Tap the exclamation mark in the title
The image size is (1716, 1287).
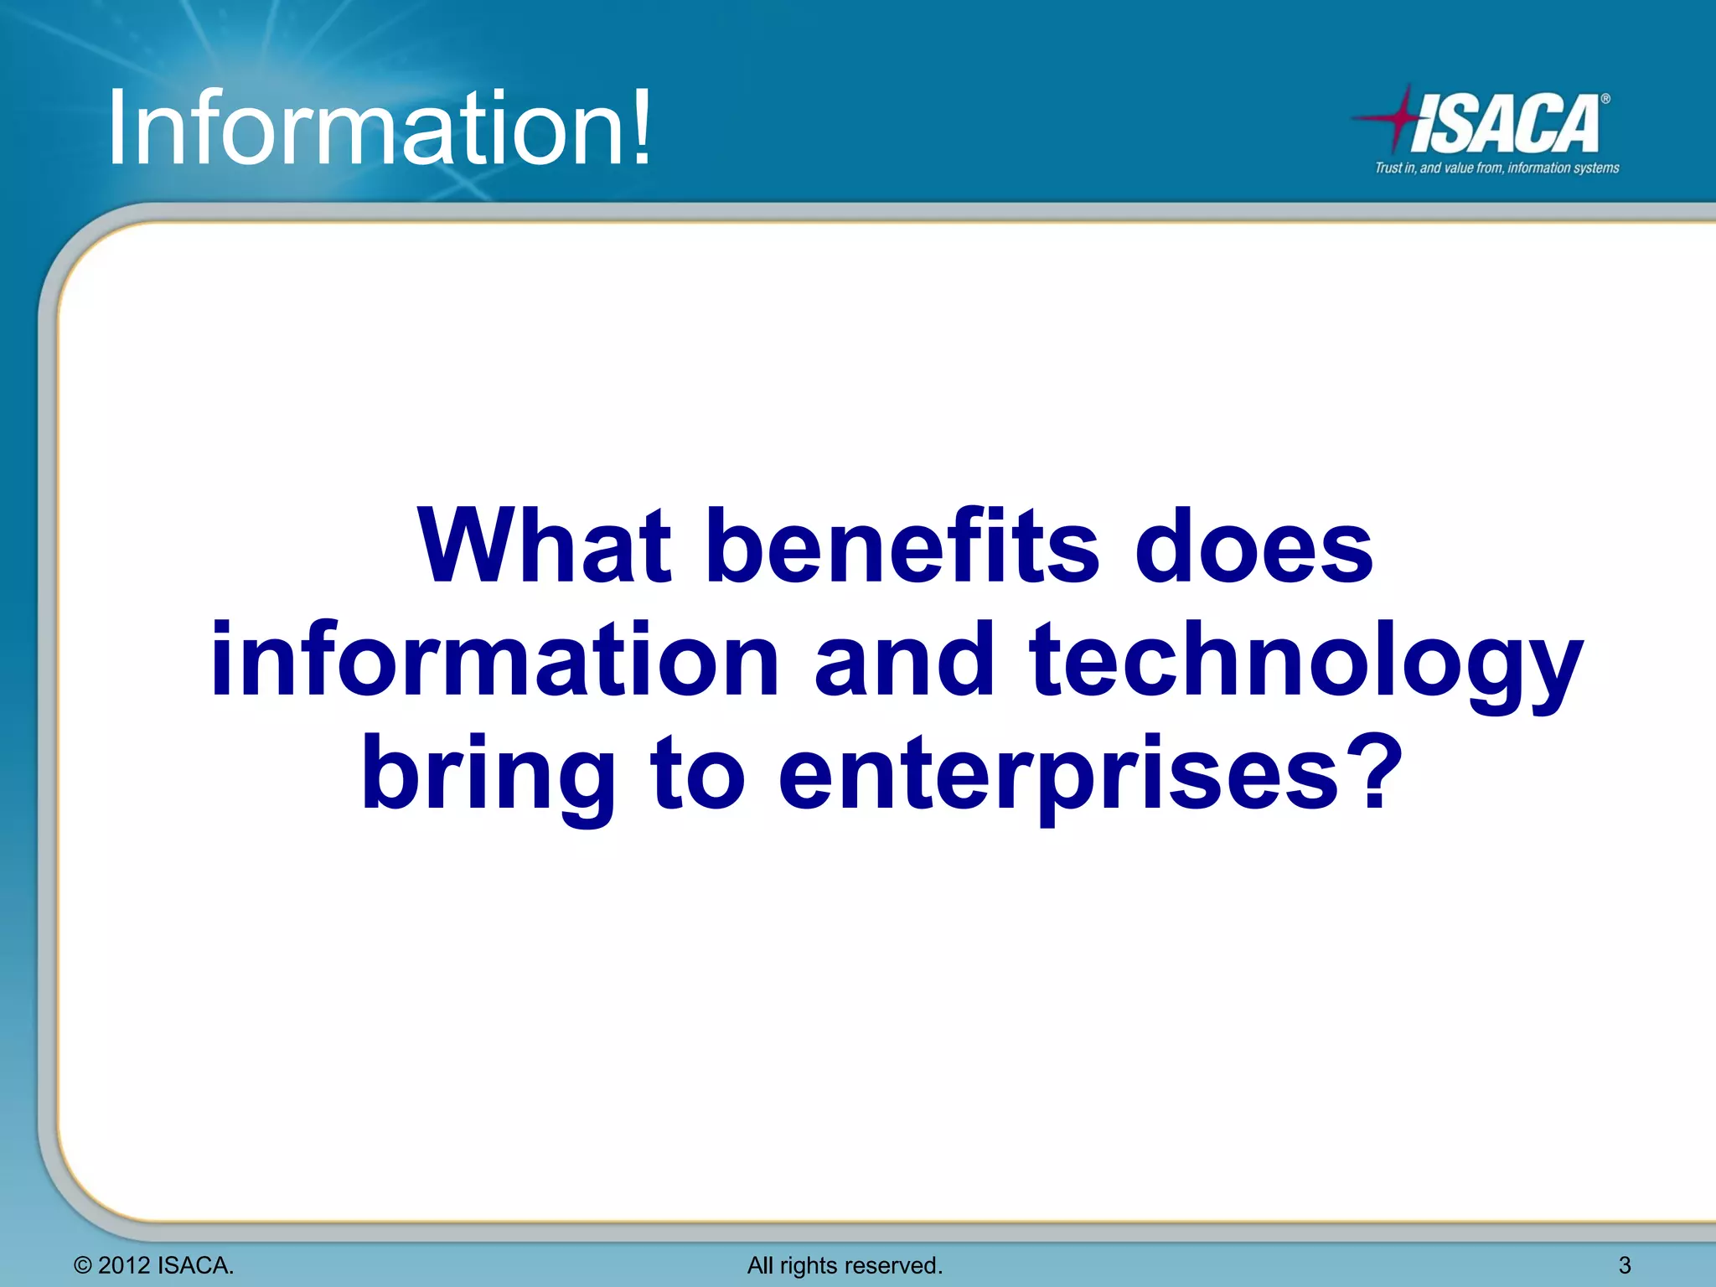click(641, 127)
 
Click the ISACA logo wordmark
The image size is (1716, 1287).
click(1504, 124)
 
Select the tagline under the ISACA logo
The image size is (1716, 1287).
click(1496, 168)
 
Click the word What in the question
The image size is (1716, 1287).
click(545, 547)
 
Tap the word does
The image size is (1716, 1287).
click(1253, 547)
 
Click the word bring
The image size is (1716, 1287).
click(488, 775)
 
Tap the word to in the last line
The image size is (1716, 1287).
click(698, 775)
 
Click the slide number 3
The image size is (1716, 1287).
click(1624, 1265)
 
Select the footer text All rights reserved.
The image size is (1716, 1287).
click(845, 1265)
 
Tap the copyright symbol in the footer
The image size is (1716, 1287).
click(82, 1265)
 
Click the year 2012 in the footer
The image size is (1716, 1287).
click(124, 1265)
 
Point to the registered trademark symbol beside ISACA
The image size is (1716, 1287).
click(1605, 99)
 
